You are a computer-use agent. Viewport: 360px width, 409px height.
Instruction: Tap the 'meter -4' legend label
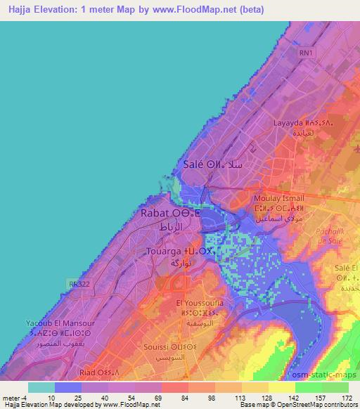pos(13,397)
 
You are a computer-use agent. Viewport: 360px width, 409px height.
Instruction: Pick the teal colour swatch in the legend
pos(41,387)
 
